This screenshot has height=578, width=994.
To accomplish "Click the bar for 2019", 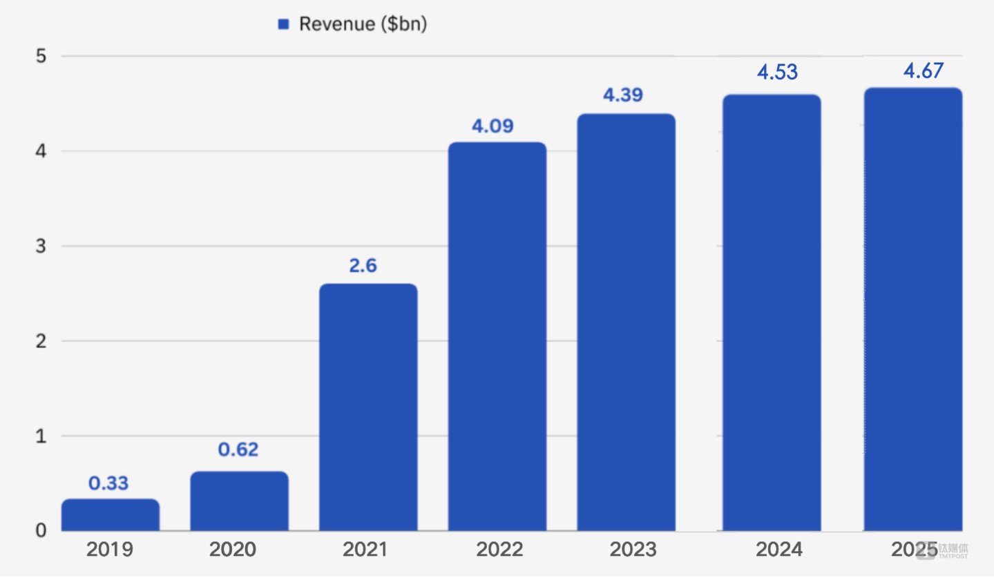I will (x=111, y=515).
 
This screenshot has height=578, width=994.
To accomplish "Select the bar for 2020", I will (x=239, y=501).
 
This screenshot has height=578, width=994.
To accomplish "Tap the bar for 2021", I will (x=368, y=407).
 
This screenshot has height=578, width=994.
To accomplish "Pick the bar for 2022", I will (x=497, y=337).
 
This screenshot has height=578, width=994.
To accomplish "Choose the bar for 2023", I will (x=626, y=322).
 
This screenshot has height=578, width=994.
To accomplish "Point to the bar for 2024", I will (x=772, y=313).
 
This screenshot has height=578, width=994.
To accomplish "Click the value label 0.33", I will (x=109, y=483).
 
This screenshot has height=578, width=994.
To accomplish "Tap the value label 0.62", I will (x=238, y=450).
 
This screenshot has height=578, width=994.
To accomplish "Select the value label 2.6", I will (x=363, y=266).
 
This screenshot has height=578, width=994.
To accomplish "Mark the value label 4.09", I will (x=493, y=127).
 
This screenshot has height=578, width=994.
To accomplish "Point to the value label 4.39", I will (x=623, y=95).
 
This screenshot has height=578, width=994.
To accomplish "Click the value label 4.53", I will (x=777, y=72).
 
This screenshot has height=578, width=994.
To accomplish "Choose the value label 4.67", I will (x=923, y=71).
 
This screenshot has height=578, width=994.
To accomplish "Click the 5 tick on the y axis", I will (x=41, y=56).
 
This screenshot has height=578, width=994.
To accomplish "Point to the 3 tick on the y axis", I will (x=41, y=247).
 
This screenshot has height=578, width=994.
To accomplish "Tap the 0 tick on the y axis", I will (x=41, y=530).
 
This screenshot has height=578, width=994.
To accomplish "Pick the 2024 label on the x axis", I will (x=779, y=550).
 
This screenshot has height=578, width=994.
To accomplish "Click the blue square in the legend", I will (x=282, y=25).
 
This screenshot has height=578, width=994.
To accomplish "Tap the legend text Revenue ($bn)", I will (x=363, y=25).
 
